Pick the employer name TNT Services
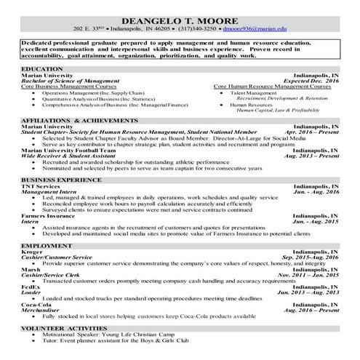coord(41,185)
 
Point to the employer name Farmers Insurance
coord(47,216)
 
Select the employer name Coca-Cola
coord(36,303)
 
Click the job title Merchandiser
coord(43,309)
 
